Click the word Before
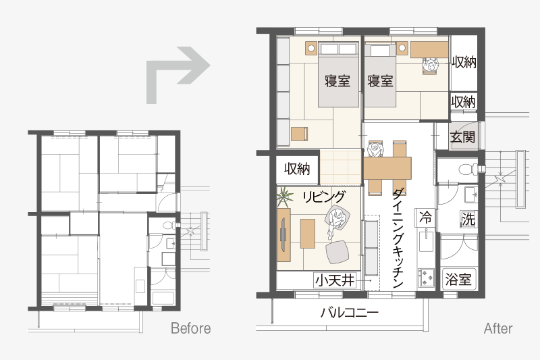(x=191, y=328)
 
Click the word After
(x=498, y=328)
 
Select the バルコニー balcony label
(x=349, y=313)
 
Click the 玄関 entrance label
(x=462, y=136)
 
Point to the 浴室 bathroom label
(x=458, y=279)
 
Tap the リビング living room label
(x=323, y=197)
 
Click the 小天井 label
(x=335, y=280)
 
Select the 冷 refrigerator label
(x=425, y=217)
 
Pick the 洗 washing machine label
(x=468, y=219)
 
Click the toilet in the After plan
(x=468, y=169)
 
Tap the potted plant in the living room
(x=285, y=197)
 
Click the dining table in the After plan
(x=387, y=168)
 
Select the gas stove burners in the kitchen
(x=426, y=278)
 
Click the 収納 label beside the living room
(x=297, y=169)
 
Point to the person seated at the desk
(x=431, y=65)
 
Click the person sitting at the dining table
(x=375, y=149)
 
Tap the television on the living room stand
(x=283, y=234)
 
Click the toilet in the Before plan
(x=169, y=226)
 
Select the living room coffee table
(x=308, y=234)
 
